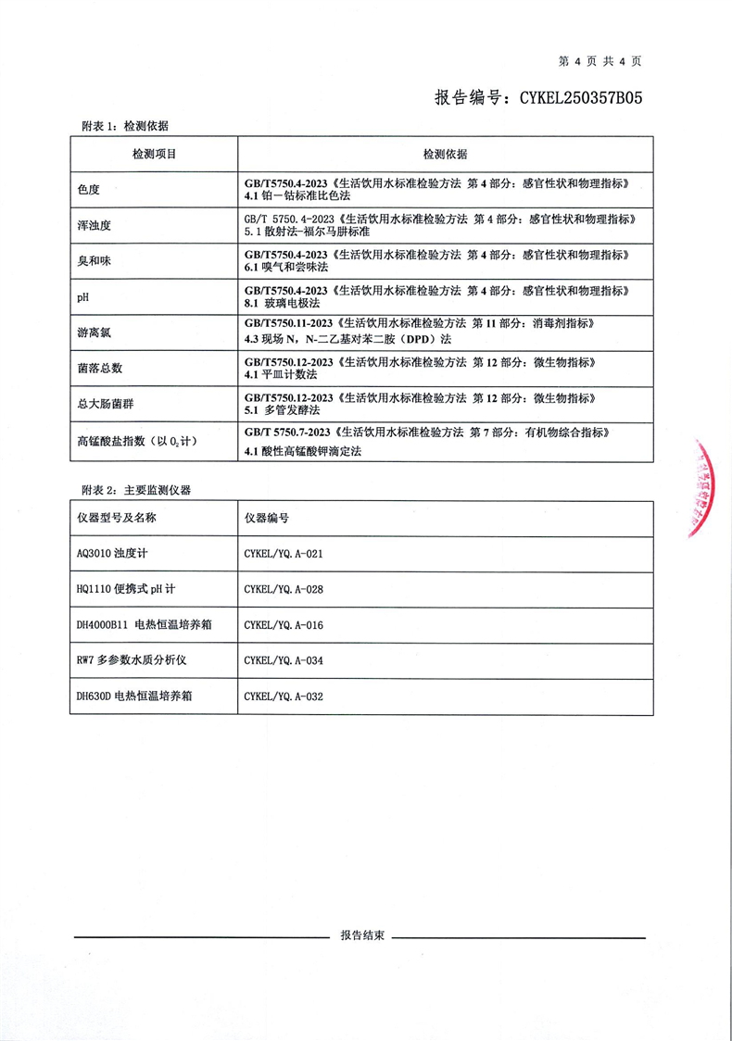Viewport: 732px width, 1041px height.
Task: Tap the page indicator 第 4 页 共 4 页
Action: tap(599, 61)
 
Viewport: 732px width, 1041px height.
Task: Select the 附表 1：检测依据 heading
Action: tap(125, 126)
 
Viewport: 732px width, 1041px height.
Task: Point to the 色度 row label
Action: tap(89, 190)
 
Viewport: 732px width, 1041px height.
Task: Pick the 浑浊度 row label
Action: tap(95, 225)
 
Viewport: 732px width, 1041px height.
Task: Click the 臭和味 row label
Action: tap(95, 261)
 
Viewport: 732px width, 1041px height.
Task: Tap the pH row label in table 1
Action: tap(84, 296)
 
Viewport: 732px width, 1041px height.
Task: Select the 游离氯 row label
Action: tap(95, 332)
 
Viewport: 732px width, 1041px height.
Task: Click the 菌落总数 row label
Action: tap(100, 368)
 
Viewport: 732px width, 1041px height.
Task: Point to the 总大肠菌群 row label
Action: tap(106, 403)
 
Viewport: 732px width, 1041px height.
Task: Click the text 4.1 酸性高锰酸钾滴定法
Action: tap(302, 451)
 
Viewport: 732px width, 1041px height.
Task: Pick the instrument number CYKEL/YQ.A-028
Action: tap(283, 589)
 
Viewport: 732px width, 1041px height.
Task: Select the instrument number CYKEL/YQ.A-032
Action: tap(283, 696)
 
